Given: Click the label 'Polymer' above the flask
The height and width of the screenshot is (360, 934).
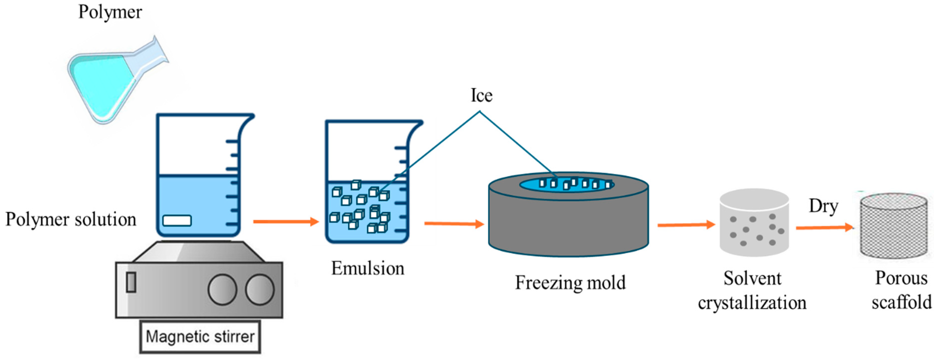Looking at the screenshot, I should coord(110,12).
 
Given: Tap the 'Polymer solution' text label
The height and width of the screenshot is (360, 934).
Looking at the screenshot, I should coord(71,220).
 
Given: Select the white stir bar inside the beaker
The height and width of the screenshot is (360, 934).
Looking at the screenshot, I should coord(177,220).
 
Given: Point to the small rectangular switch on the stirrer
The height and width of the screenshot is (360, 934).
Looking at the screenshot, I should coord(131,282).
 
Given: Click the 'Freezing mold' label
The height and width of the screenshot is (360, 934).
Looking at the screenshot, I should coord(570,283).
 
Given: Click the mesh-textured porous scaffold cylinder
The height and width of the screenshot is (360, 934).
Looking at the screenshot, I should coord(894,227).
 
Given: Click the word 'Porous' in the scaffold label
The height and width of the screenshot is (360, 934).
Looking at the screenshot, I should coord(901,278).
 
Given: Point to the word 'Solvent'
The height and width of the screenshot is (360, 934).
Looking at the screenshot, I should coord(752,279).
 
